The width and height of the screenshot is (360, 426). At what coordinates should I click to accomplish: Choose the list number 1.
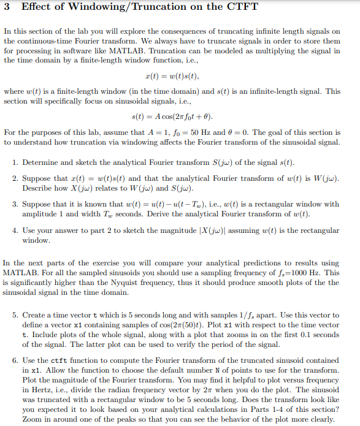pos(15,162)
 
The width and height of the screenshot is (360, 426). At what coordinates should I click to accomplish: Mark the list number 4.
pos(15,231)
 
